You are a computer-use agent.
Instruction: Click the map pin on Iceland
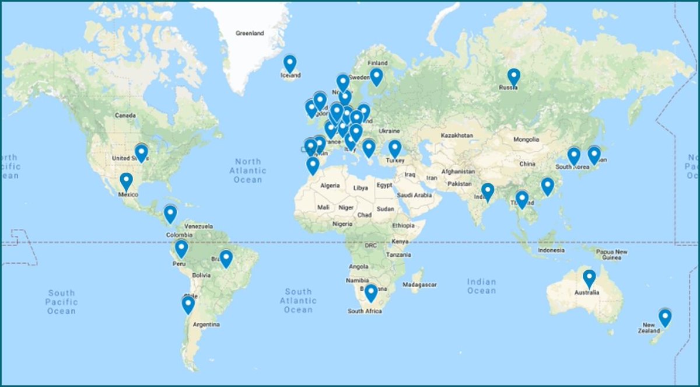click(290, 63)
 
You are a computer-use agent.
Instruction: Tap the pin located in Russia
click(513, 76)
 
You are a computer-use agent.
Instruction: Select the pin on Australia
click(589, 278)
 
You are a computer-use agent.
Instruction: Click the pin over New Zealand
click(664, 318)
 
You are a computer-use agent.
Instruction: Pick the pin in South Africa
click(370, 292)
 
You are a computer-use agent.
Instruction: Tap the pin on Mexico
click(126, 182)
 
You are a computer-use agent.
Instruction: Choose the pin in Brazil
click(226, 258)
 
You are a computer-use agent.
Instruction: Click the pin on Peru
click(181, 248)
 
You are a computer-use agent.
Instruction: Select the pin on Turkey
click(395, 148)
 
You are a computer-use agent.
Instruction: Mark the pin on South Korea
click(574, 155)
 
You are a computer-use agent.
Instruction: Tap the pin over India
click(488, 191)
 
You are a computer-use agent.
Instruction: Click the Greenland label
click(250, 33)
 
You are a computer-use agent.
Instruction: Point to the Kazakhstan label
click(457, 135)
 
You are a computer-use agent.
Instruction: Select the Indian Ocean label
click(481, 286)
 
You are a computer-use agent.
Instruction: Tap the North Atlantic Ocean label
click(247, 170)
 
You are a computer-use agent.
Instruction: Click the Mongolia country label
click(526, 140)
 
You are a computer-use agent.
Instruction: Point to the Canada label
click(125, 115)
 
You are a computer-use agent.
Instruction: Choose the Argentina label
click(206, 324)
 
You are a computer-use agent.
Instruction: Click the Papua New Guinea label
click(612, 255)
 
